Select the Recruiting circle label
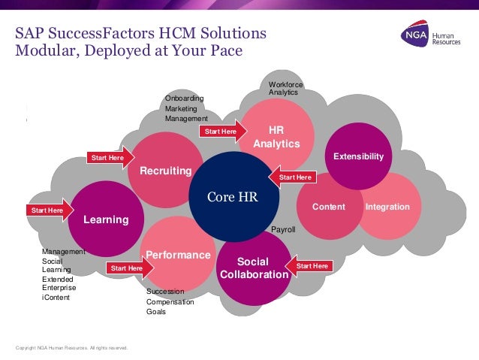[170, 171]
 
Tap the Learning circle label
[106, 219]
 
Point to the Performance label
[178, 255]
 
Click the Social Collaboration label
[254, 268]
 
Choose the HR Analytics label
[276, 138]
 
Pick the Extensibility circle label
[358, 156]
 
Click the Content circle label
[328, 207]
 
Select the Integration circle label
[387, 207]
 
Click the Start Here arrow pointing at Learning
[50, 210]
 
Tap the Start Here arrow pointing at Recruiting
[110, 158]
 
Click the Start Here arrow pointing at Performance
[129, 268]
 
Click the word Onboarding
[184, 98]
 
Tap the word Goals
[157, 312]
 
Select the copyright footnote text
[72, 348]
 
